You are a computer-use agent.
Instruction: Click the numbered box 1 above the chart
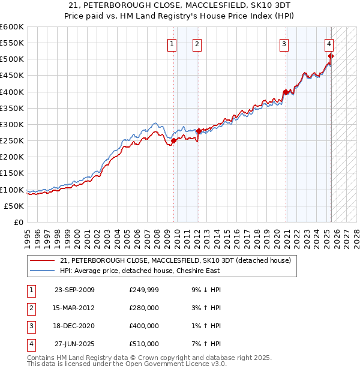tap(172, 43)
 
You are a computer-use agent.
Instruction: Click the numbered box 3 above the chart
tap(284, 43)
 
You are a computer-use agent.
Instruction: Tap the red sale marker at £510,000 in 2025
tap(331, 56)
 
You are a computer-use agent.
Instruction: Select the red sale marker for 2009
tap(173, 141)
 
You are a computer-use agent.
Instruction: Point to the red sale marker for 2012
tap(199, 131)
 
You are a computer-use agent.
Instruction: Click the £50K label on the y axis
tap(14, 206)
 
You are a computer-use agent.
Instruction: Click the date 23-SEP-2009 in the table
tap(74, 290)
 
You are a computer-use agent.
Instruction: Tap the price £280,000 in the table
tap(144, 308)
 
